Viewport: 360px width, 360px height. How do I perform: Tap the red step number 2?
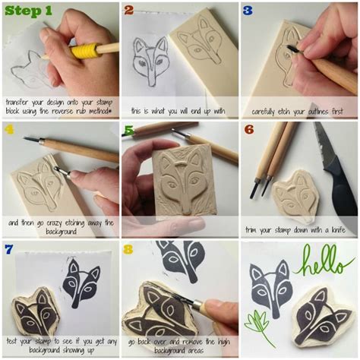128,11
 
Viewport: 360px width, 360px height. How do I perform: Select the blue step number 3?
248,11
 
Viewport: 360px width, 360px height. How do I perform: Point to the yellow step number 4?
9,130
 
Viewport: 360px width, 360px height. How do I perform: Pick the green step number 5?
128,130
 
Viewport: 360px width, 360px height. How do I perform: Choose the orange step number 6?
248,130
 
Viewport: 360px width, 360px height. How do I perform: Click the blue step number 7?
9,249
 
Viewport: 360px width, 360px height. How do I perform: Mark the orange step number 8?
128,249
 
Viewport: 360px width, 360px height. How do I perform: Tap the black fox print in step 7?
81,281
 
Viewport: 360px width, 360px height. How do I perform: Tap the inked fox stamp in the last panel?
322,314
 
